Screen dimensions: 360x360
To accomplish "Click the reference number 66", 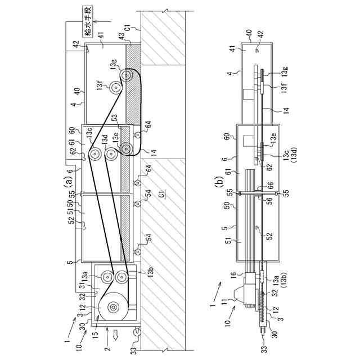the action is tap(271, 184).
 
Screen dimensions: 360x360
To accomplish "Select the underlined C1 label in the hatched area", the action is tap(161, 195).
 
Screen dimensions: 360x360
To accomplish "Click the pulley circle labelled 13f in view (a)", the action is tap(116, 87).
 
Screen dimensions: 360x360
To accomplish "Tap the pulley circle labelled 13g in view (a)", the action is tap(128, 75).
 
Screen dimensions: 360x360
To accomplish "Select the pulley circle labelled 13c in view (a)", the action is tap(94, 154).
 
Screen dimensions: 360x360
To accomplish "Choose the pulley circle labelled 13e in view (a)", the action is tap(126, 149).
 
